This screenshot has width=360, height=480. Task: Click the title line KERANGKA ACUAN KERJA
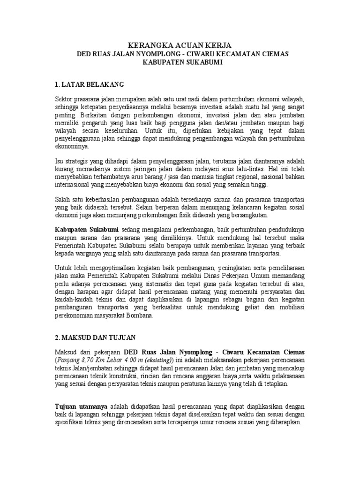click(182, 45)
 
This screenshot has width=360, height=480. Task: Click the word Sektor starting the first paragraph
click(65, 98)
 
